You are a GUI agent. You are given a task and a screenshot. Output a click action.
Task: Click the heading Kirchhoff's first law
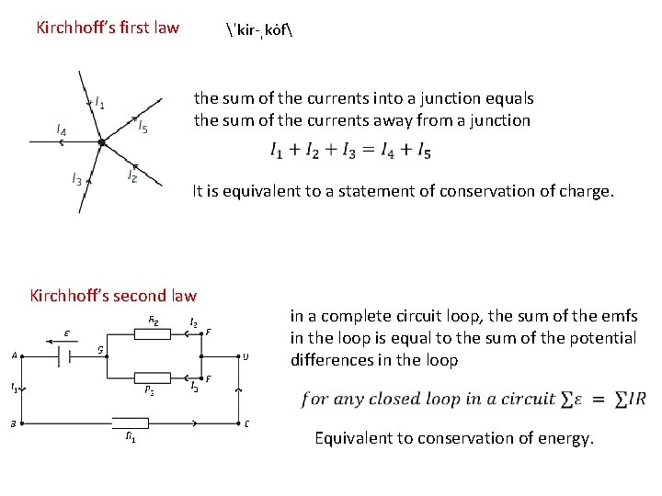point(108,28)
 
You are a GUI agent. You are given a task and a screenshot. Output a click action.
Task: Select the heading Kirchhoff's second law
point(113,296)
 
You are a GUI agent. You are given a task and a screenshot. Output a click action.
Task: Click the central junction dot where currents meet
point(102,142)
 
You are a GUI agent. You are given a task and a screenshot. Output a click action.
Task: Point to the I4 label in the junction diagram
point(61,131)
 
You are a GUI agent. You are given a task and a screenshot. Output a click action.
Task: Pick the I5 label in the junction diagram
point(143,129)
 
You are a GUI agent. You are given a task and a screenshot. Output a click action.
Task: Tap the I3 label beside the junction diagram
point(76,178)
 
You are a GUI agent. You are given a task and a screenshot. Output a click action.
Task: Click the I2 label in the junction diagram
point(132,175)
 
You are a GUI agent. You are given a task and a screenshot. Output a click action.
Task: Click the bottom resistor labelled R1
point(132,424)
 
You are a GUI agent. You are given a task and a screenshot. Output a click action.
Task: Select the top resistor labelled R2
point(153,333)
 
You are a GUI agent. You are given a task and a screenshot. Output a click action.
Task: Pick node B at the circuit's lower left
point(12,424)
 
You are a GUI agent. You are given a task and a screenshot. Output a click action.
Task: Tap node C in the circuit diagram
point(247,424)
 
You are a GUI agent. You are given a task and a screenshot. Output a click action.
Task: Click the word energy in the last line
point(567,438)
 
